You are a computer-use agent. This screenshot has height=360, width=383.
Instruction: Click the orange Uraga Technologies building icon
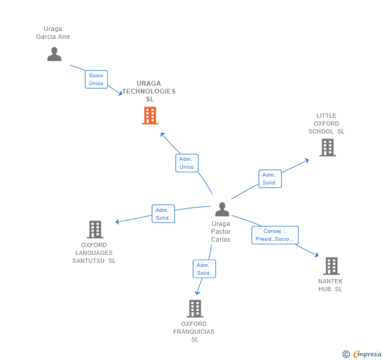pos(150,116)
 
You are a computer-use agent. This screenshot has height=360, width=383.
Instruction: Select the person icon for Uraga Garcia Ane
pos(54,54)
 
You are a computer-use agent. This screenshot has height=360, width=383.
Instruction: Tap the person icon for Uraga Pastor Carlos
pos(222,209)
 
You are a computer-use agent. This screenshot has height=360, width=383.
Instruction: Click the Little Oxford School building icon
pos(327,148)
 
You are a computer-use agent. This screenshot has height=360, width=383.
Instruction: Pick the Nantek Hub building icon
pos(331,266)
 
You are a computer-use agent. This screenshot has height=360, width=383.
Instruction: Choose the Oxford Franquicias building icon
pos(195,308)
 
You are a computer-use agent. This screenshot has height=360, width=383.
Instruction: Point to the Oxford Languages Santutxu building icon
pos(95,229)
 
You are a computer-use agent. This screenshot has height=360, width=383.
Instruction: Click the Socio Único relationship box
pos(96,79)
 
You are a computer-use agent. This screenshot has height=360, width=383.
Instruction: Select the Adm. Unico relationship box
pos(187,163)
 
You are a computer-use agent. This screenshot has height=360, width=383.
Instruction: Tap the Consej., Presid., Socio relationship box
pos(275,235)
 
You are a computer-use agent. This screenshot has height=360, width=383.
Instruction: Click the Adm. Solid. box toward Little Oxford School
pos(269,179)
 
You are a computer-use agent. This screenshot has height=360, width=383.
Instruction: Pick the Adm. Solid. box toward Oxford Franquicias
pos(204,269)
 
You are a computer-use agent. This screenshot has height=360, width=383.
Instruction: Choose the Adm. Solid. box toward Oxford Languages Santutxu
pos(163,214)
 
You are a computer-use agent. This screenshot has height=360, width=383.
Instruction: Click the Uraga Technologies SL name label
pos(149,91)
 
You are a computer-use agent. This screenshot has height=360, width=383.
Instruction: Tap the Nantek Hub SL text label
pos(330,285)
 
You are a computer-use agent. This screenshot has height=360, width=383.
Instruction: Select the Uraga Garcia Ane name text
pos(53,33)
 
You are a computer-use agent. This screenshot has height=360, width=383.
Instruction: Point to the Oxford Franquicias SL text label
pos(194,332)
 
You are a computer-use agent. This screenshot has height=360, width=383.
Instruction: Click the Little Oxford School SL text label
pos(327,124)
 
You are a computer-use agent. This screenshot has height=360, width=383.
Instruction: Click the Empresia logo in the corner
pos(362,354)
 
